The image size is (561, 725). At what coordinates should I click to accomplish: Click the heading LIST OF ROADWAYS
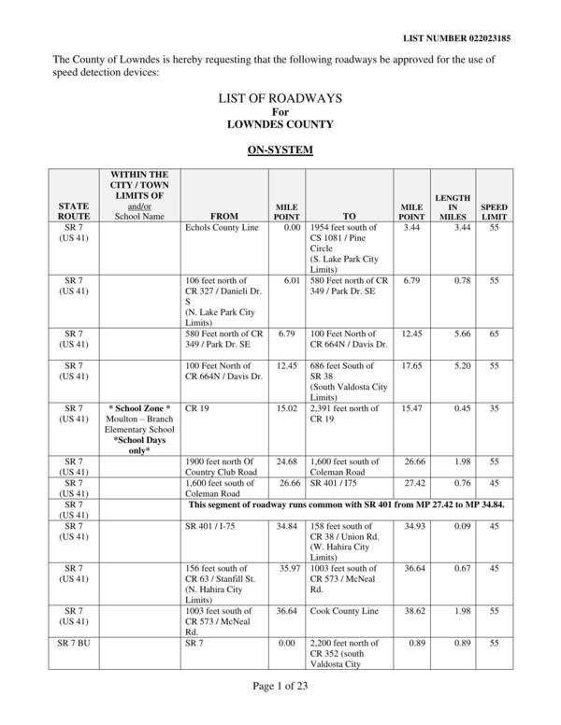tap(280, 97)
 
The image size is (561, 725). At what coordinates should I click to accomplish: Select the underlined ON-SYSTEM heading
tap(280, 149)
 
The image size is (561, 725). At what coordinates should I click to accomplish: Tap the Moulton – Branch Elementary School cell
tap(139, 423)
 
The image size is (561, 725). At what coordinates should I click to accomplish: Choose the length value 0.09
tap(447, 526)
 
